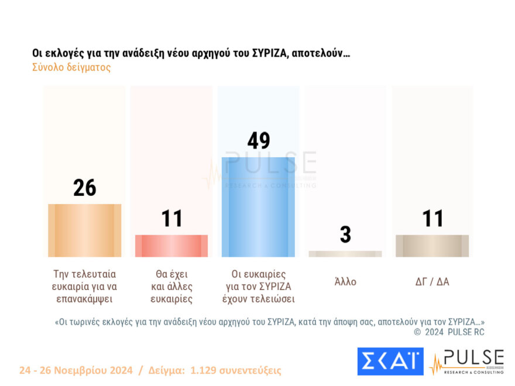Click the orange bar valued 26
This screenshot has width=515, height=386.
click(84, 230)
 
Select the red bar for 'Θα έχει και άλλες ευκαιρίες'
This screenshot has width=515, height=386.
click(171, 246)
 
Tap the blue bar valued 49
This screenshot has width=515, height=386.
click(258, 207)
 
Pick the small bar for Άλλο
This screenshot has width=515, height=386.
click(345, 254)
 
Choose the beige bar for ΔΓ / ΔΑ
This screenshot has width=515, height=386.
click(432, 246)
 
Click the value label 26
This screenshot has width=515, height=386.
click(84, 188)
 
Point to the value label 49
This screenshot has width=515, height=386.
click(258, 141)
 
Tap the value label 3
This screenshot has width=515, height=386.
click(345, 235)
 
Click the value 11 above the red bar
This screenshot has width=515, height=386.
click(171, 219)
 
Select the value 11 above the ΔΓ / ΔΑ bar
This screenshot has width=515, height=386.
click(432, 219)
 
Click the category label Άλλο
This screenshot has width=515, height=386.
click(345, 282)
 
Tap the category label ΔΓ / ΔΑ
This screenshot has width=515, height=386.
click(432, 282)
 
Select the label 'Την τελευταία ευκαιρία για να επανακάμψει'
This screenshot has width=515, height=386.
click(84, 287)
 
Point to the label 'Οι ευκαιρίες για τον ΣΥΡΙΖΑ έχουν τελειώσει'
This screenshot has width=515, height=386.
click(258, 287)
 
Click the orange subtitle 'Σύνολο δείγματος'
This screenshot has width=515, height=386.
click(71, 67)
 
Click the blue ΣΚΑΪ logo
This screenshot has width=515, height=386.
click(390, 361)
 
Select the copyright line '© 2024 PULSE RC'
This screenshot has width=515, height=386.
click(449, 332)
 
